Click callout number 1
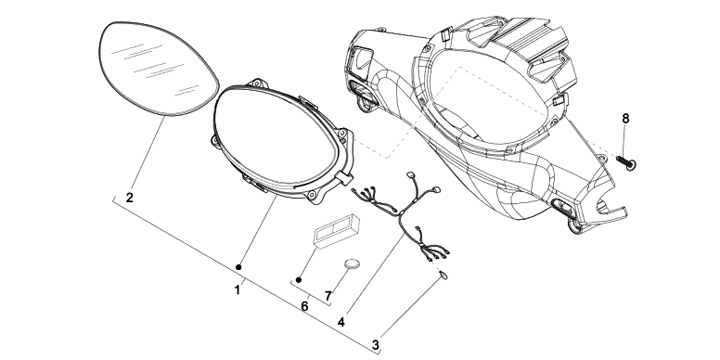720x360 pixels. coord(237,290)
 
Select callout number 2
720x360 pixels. coord(129,198)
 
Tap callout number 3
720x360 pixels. coord(376,344)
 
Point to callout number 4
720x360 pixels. coord(341,322)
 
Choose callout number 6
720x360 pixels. coord(304,307)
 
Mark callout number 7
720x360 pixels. coord(328,297)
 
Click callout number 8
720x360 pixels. coord(625,118)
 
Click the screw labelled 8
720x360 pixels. coord(626,162)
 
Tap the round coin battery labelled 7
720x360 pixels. coord(352,264)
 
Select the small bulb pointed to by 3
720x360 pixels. coord(444,275)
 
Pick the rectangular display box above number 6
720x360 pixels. coord(336,231)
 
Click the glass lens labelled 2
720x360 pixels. coord(158,68)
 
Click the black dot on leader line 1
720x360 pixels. coord(238,267)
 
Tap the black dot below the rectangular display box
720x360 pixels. coord(298,280)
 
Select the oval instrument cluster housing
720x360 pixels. coord(281,140)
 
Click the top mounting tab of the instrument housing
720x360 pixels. coord(257,83)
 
